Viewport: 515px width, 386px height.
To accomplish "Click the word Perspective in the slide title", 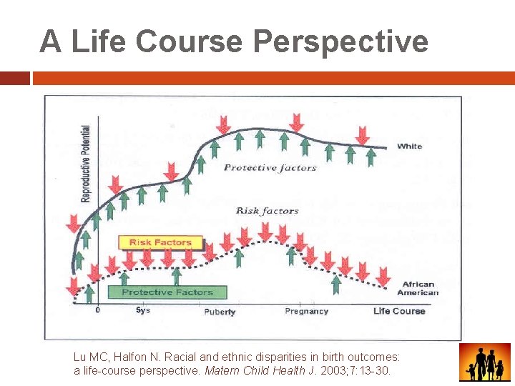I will [x=340, y=41].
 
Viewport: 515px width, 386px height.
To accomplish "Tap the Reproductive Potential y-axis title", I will [x=86, y=164].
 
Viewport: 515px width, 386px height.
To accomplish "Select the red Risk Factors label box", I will [x=160, y=243].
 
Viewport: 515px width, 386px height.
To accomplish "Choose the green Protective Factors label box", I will [x=167, y=292].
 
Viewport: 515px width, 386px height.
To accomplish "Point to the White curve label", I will [x=410, y=147].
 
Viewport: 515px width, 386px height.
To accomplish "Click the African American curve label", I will [x=418, y=289].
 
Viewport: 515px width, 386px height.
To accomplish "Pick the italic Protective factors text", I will [x=270, y=168].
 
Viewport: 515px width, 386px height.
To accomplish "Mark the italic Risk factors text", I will [x=267, y=211].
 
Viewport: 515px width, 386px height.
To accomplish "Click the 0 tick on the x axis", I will [x=97, y=311].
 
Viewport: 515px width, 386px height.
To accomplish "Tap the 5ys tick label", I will [x=143, y=311].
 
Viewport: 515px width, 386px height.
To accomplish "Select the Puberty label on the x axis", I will [x=220, y=312].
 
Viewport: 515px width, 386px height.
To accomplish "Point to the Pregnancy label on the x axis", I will [x=306, y=312].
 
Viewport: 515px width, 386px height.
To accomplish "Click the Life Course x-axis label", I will [x=398, y=311].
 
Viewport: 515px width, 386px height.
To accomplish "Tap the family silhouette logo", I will [x=484, y=362].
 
